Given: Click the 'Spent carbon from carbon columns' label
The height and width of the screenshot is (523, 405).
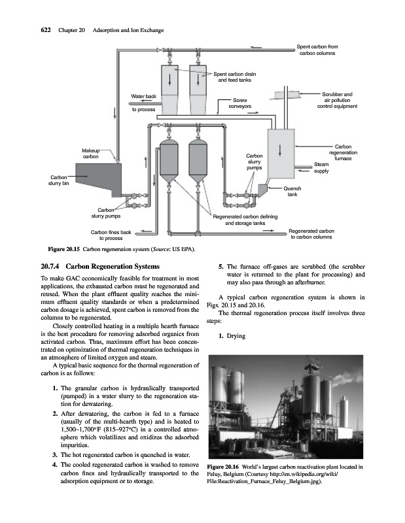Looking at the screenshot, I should click(x=317, y=50).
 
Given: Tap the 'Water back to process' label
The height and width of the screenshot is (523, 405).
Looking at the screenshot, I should click(x=143, y=103).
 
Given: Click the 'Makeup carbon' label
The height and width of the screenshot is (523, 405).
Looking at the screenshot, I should click(x=91, y=154).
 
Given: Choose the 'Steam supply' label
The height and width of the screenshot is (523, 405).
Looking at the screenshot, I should click(x=321, y=167).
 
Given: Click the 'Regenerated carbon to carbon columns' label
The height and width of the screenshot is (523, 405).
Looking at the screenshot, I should click(x=311, y=234).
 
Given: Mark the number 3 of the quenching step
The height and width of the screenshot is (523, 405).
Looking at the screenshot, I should click(x=54, y=454).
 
